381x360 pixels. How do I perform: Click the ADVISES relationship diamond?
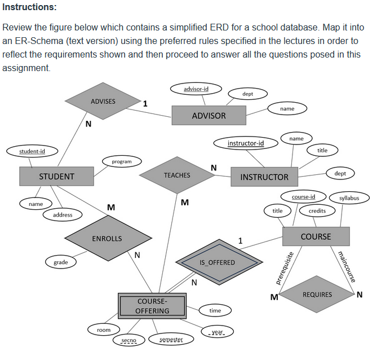click(103, 102)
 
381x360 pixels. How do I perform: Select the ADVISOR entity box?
click(209, 116)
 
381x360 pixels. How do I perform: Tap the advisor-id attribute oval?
click(196, 90)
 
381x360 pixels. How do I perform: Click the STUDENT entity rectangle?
click(56, 177)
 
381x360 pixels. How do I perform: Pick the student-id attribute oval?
click(32, 151)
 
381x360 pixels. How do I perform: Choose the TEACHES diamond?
click(177, 175)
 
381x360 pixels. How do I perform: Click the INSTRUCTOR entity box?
click(264, 177)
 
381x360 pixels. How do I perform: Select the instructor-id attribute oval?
click(245, 143)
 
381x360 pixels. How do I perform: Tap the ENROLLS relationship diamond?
click(107, 239)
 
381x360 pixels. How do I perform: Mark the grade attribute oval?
click(61, 262)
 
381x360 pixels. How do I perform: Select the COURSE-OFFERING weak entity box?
click(152, 306)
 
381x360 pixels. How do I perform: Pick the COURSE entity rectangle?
click(316, 236)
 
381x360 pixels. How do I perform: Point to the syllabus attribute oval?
click(353, 198)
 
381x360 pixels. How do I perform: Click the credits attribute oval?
click(317, 210)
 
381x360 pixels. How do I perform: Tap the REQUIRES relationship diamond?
click(317, 295)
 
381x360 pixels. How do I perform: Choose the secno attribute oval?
click(129, 340)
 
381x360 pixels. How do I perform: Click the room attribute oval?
click(104, 330)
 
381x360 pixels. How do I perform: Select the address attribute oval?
click(63, 215)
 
